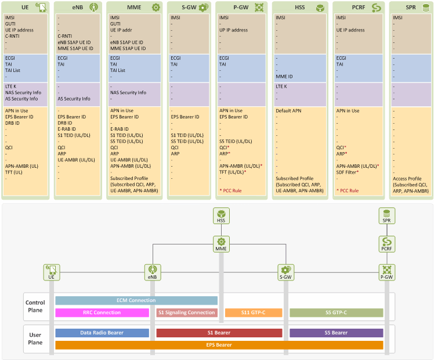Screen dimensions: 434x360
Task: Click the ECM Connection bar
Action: coord(136,300)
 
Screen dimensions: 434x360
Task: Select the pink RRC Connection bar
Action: coord(102,312)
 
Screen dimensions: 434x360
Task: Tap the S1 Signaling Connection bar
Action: coord(187,312)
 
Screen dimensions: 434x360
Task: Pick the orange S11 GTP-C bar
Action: coord(254,312)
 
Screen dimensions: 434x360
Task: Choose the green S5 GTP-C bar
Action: coord(337,312)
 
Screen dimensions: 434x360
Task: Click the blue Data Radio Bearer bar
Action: coord(102,333)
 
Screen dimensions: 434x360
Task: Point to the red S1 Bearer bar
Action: coord(219,333)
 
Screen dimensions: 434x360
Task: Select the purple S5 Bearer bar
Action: coord(337,333)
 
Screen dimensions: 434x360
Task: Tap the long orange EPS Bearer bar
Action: coord(219,345)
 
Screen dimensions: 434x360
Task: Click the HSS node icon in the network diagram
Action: coord(221,216)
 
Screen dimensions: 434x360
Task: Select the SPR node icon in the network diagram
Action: coord(386,216)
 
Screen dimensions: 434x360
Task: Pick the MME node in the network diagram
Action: coord(221,244)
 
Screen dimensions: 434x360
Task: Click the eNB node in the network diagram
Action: coord(153,272)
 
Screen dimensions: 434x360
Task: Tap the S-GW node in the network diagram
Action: coord(285,272)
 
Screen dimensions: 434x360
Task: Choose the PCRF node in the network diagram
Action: coord(386,244)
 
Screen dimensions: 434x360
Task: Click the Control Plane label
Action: coord(35,306)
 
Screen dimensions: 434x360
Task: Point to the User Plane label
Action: coord(35,339)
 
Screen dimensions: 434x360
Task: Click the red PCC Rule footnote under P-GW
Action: coord(230,190)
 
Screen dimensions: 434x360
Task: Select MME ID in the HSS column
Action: coord(284,77)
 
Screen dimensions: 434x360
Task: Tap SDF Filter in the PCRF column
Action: coord(348,172)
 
